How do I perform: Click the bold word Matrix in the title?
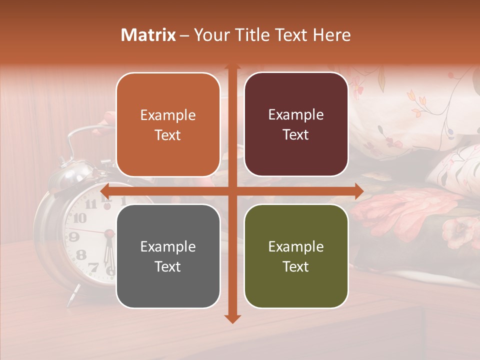point(148,35)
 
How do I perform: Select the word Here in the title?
point(332,35)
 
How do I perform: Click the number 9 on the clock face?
point(73,236)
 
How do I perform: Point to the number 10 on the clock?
point(79,218)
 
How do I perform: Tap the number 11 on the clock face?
point(91,204)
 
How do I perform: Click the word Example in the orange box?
point(168,115)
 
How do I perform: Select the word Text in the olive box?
point(296,266)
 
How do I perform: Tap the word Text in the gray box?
point(168,266)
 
